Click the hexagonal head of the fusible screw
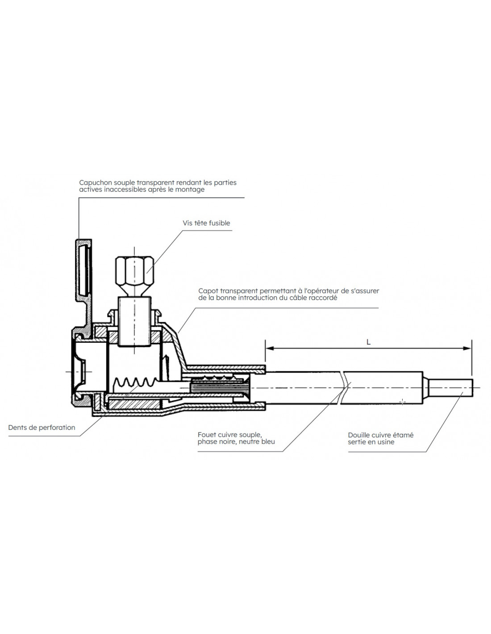(134, 271)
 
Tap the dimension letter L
(368, 342)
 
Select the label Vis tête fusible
(206, 223)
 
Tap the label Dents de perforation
(42, 428)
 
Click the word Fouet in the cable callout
(207, 435)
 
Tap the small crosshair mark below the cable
(402, 402)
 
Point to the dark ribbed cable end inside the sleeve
(219, 388)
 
